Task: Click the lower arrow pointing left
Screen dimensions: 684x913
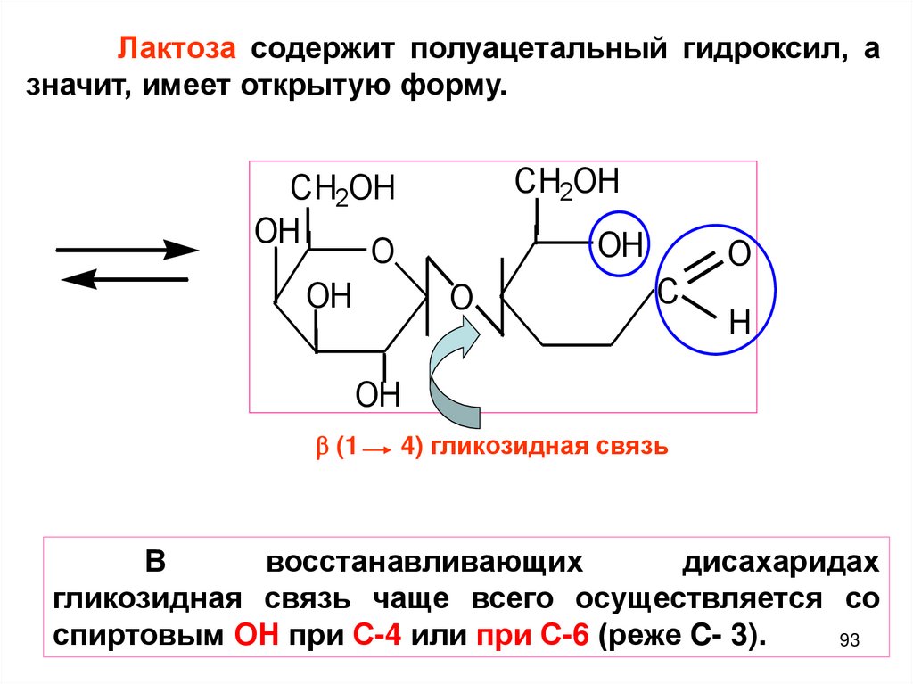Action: coord(126,280)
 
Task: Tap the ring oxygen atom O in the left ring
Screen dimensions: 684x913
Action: coord(382,251)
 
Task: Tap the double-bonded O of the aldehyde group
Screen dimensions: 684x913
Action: coord(739,253)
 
